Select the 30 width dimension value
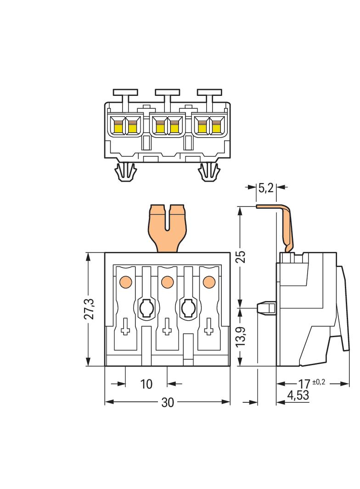pyautogui.click(x=168, y=402)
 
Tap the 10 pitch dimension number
pyautogui.click(x=146, y=383)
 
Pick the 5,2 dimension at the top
pyautogui.click(x=266, y=187)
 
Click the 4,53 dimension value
pyautogui.click(x=298, y=395)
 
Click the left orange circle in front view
pyautogui.click(x=125, y=281)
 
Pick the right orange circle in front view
pyautogui.click(x=209, y=281)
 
